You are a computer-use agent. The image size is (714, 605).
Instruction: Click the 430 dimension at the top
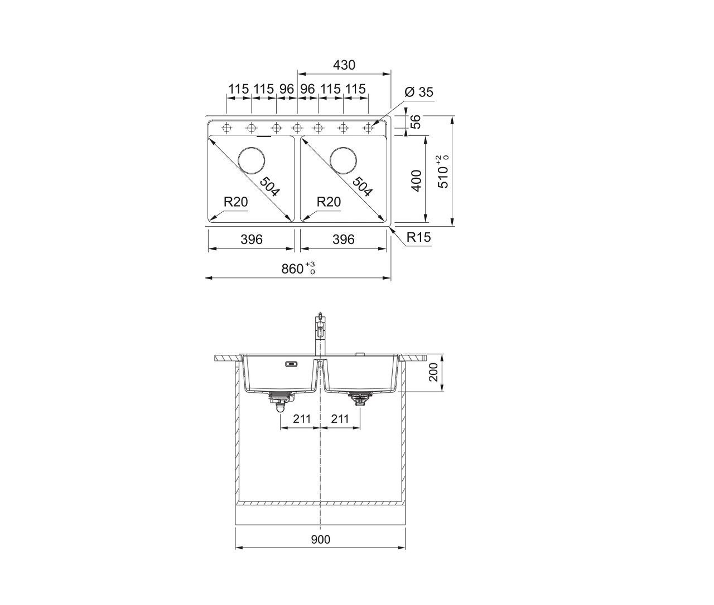click(x=344, y=65)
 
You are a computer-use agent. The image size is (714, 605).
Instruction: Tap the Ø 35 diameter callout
click(x=419, y=92)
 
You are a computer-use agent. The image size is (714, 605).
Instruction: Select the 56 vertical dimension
click(x=416, y=122)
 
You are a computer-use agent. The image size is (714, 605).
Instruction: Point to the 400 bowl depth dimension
click(x=416, y=180)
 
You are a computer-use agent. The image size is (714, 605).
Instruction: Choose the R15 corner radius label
click(x=419, y=237)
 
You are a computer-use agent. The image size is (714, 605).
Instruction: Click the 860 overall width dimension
click(x=298, y=269)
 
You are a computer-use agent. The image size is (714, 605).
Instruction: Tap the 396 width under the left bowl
click(x=252, y=240)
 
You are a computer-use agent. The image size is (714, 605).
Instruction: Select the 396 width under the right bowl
click(x=344, y=240)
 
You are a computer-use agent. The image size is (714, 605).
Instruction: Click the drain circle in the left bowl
click(x=252, y=160)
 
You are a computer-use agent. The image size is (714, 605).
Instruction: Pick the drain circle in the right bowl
click(x=343, y=160)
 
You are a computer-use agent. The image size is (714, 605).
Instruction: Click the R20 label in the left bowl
click(x=235, y=202)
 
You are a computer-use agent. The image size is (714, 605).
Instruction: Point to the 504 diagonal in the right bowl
click(x=363, y=187)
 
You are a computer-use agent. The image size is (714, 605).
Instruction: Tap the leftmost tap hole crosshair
click(x=226, y=128)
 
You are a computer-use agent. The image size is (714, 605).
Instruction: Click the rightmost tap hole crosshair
click(x=368, y=128)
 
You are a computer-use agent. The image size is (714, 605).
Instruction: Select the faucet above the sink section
click(x=320, y=334)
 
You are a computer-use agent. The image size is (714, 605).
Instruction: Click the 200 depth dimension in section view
click(x=433, y=372)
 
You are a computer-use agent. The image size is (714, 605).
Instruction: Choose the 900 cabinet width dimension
click(x=321, y=539)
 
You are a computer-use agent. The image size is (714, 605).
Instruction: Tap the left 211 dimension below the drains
click(x=302, y=419)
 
